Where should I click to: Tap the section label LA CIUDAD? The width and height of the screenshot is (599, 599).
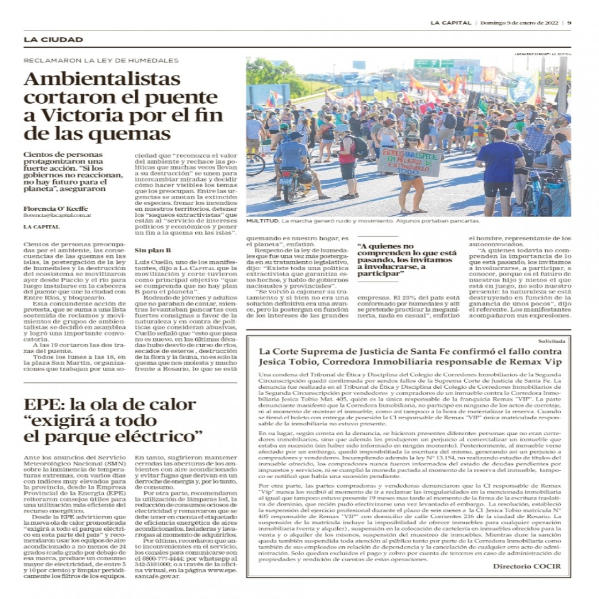click(x=53, y=39)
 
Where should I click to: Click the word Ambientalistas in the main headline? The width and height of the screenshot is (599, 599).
click(x=102, y=79)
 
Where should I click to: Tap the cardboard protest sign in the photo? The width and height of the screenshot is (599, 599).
click(x=410, y=161)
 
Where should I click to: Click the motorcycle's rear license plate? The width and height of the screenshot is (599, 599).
click(x=286, y=181)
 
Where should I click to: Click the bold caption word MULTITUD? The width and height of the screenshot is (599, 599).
click(x=262, y=221)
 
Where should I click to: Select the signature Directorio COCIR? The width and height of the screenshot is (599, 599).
click(x=526, y=566)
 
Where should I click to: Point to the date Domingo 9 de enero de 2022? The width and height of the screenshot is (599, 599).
click(x=519, y=23)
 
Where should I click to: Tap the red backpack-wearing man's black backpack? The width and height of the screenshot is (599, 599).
click(x=360, y=147)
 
